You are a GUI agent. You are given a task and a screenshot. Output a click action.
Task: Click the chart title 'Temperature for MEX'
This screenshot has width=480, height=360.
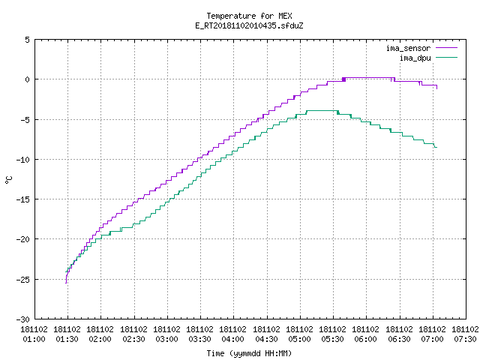click(x=249, y=16)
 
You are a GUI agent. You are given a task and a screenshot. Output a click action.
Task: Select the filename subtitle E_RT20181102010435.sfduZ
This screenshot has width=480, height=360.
click(x=249, y=25)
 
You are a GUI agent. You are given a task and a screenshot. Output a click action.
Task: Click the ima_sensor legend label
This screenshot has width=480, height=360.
click(x=408, y=48)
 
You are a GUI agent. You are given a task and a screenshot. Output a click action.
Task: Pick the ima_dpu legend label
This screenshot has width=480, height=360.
click(x=415, y=58)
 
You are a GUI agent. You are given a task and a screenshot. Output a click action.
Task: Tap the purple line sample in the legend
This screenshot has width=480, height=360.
click(x=446, y=48)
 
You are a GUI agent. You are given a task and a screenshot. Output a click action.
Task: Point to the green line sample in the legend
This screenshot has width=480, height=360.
click(x=446, y=58)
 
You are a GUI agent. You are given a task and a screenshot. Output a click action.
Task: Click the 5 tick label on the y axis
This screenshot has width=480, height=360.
click(x=27, y=40)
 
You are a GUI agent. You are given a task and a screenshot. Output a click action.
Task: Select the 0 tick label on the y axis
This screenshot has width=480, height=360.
click(x=27, y=79)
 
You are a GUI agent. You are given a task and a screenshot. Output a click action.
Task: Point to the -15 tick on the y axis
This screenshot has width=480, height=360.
click(x=23, y=199)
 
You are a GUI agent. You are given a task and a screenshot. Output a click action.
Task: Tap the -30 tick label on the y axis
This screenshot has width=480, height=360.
click(x=23, y=319)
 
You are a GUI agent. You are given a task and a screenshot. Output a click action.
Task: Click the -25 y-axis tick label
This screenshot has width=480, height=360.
click(x=23, y=280)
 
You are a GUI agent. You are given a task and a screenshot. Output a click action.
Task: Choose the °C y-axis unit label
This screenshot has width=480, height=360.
click(x=8, y=180)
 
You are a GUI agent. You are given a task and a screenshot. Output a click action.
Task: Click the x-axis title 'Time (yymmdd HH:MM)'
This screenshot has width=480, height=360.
click(x=249, y=353)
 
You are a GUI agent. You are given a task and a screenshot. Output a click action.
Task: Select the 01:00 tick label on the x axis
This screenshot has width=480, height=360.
click(x=34, y=339)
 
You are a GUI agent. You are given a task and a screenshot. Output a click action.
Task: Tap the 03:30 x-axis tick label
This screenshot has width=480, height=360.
click(x=200, y=339)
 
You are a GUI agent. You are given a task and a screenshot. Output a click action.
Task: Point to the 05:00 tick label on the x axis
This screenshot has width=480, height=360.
click(x=300, y=339)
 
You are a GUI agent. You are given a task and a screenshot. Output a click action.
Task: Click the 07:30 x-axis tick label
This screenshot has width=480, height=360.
click(x=465, y=339)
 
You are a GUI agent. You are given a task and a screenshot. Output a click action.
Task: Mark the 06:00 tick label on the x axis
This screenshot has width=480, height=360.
click(x=366, y=339)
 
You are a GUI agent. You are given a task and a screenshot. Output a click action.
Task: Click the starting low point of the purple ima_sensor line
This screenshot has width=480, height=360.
click(x=66, y=283)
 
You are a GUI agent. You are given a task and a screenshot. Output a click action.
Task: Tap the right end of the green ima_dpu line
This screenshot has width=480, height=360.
click(x=436, y=148)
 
